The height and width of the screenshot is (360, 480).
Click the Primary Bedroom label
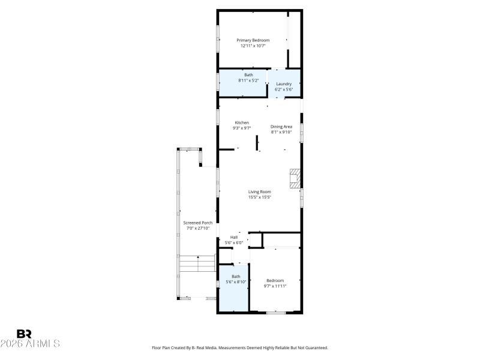(253, 40)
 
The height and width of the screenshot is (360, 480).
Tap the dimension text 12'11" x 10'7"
(253, 46)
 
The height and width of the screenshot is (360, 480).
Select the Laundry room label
(284, 84)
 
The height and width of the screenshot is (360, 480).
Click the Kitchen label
(242, 122)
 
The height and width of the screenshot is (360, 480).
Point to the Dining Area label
(281, 127)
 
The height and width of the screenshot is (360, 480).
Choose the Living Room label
(260, 191)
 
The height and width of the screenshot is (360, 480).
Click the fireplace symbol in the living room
(295, 179)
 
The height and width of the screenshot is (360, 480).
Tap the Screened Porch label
(197, 223)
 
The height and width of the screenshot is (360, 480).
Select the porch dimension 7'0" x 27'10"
(197, 228)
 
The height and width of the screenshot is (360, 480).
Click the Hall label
(234, 237)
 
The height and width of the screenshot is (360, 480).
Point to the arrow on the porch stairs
(198, 257)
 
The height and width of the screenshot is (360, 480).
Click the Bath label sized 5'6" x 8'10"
(236, 277)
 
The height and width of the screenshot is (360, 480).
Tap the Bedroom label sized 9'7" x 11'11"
(275, 281)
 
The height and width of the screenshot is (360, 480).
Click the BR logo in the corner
(24, 334)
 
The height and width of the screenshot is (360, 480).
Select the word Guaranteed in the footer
(313, 347)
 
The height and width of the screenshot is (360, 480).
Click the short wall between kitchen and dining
(257, 143)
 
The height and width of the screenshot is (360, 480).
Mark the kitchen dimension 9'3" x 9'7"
(242, 128)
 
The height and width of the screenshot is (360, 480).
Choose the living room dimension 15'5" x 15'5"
(260, 197)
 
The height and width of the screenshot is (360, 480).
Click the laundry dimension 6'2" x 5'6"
(284, 89)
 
